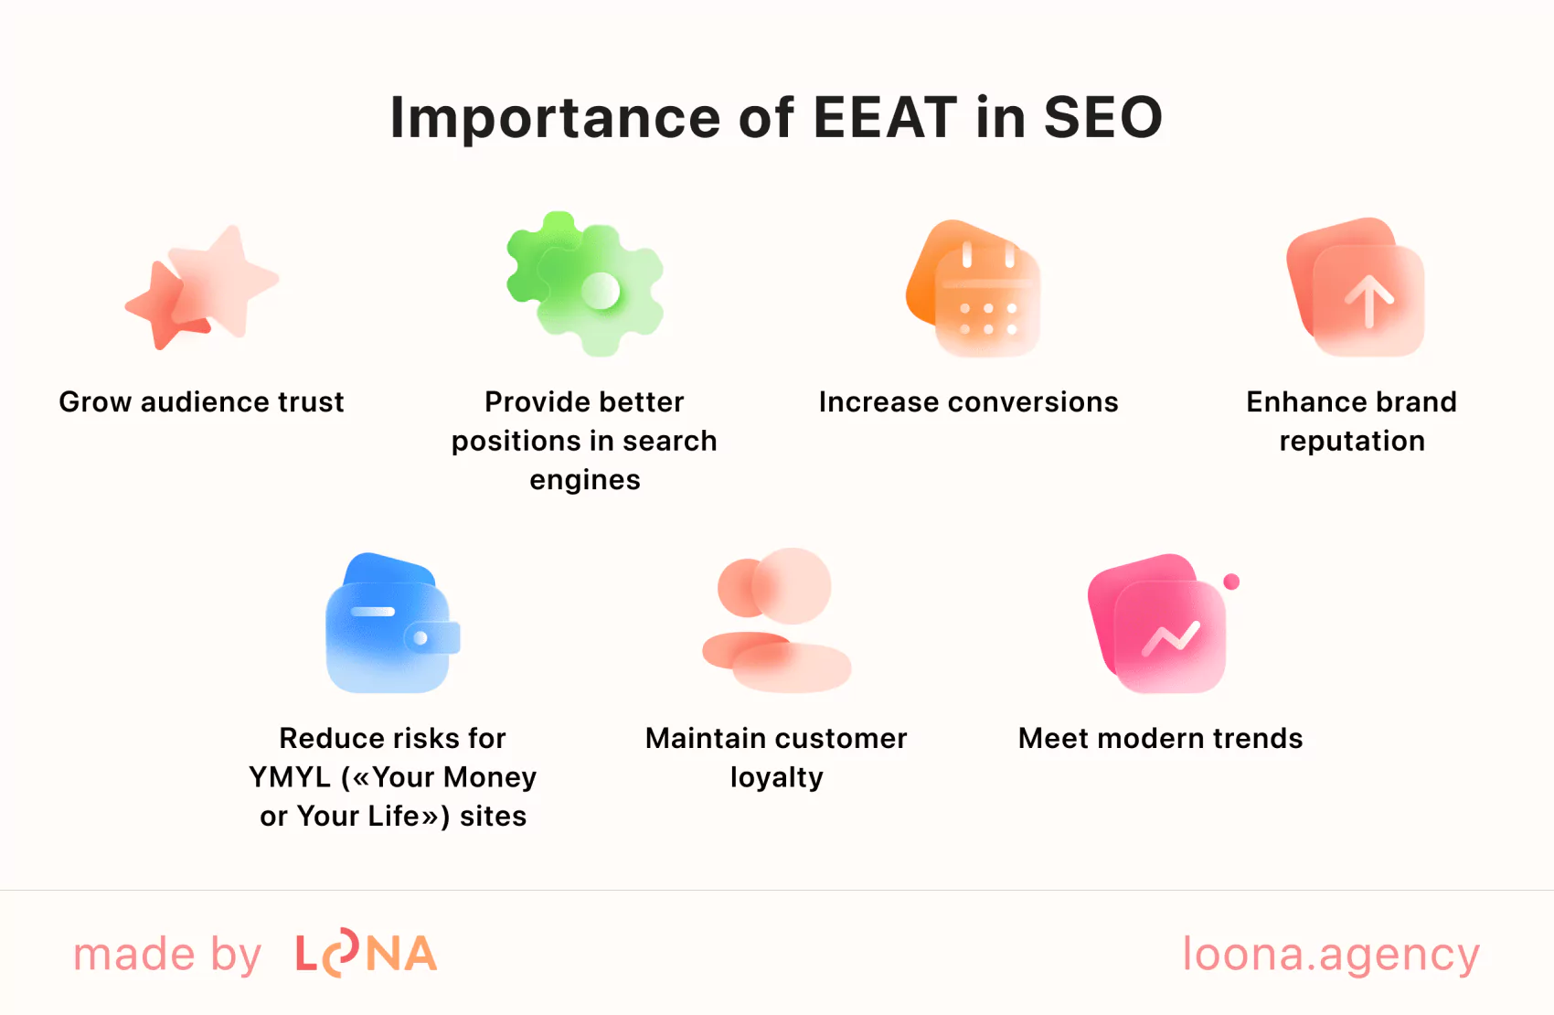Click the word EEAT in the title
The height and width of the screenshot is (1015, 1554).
(x=884, y=118)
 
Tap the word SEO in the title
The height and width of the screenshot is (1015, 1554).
(x=1102, y=118)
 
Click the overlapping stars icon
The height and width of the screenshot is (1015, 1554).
(x=202, y=287)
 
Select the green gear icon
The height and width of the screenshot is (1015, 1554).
(x=586, y=283)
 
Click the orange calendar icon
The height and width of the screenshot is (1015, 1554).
(x=974, y=288)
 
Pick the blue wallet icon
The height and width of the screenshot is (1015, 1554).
(x=392, y=624)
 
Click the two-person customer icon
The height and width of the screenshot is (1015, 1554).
(x=777, y=620)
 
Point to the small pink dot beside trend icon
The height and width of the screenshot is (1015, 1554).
(x=1231, y=582)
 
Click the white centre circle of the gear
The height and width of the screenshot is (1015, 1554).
(x=601, y=292)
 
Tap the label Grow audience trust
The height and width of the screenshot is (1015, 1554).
(x=201, y=402)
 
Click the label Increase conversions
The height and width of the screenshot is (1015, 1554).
(x=968, y=402)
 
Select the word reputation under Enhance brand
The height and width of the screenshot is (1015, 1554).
(x=1352, y=442)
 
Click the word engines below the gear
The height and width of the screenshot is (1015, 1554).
(x=585, y=480)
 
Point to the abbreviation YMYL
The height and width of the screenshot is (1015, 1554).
(x=290, y=777)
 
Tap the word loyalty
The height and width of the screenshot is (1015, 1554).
(x=776, y=778)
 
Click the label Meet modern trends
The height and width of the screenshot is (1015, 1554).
(x=1160, y=739)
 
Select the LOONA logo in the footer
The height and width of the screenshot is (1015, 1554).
(x=366, y=954)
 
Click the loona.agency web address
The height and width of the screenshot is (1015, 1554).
(x=1331, y=954)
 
